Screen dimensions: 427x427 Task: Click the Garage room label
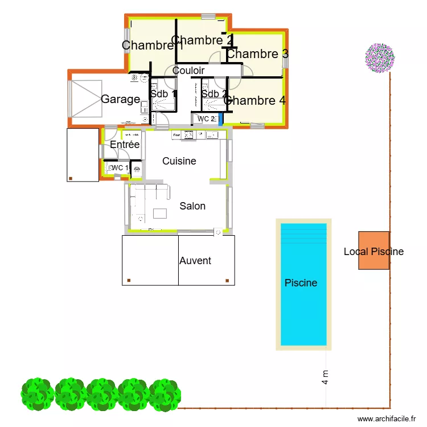(x=120, y=99)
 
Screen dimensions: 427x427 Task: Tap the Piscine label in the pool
(x=301, y=282)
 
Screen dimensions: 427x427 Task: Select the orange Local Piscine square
(x=373, y=251)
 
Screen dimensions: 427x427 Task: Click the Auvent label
(x=195, y=261)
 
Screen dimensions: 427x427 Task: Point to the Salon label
(x=192, y=206)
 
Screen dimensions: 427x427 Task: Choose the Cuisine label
(x=179, y=161)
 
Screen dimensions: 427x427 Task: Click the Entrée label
(x=125, y=145)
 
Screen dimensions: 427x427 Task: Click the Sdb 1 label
(x=163, y=94)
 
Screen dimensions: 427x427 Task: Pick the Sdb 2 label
(x=215, y=94)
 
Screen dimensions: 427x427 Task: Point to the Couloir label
(x=188, y=71)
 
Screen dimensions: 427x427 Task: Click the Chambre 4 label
(x=254, y=101)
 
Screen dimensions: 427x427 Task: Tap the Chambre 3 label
(x=257, y=54)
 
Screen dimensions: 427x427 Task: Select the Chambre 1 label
(x=152, y=46)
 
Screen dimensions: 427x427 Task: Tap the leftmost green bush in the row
(x=37, y=394)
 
